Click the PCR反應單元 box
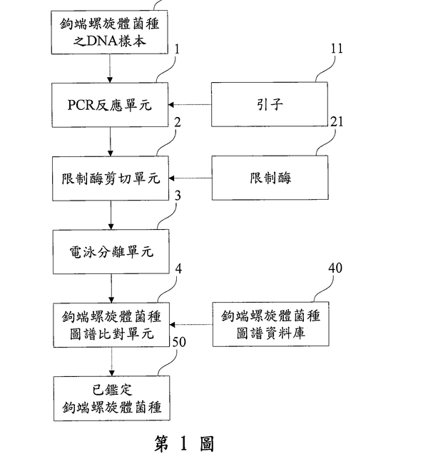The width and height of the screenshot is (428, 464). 111,104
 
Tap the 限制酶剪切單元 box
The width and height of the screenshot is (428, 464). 111,177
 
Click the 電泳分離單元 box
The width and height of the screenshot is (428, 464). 111,251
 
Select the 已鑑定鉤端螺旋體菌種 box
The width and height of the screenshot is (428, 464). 111,400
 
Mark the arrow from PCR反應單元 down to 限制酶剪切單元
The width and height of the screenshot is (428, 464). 111,141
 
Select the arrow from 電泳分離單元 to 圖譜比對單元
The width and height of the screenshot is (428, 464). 111,286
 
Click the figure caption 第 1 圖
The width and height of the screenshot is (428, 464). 184,444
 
